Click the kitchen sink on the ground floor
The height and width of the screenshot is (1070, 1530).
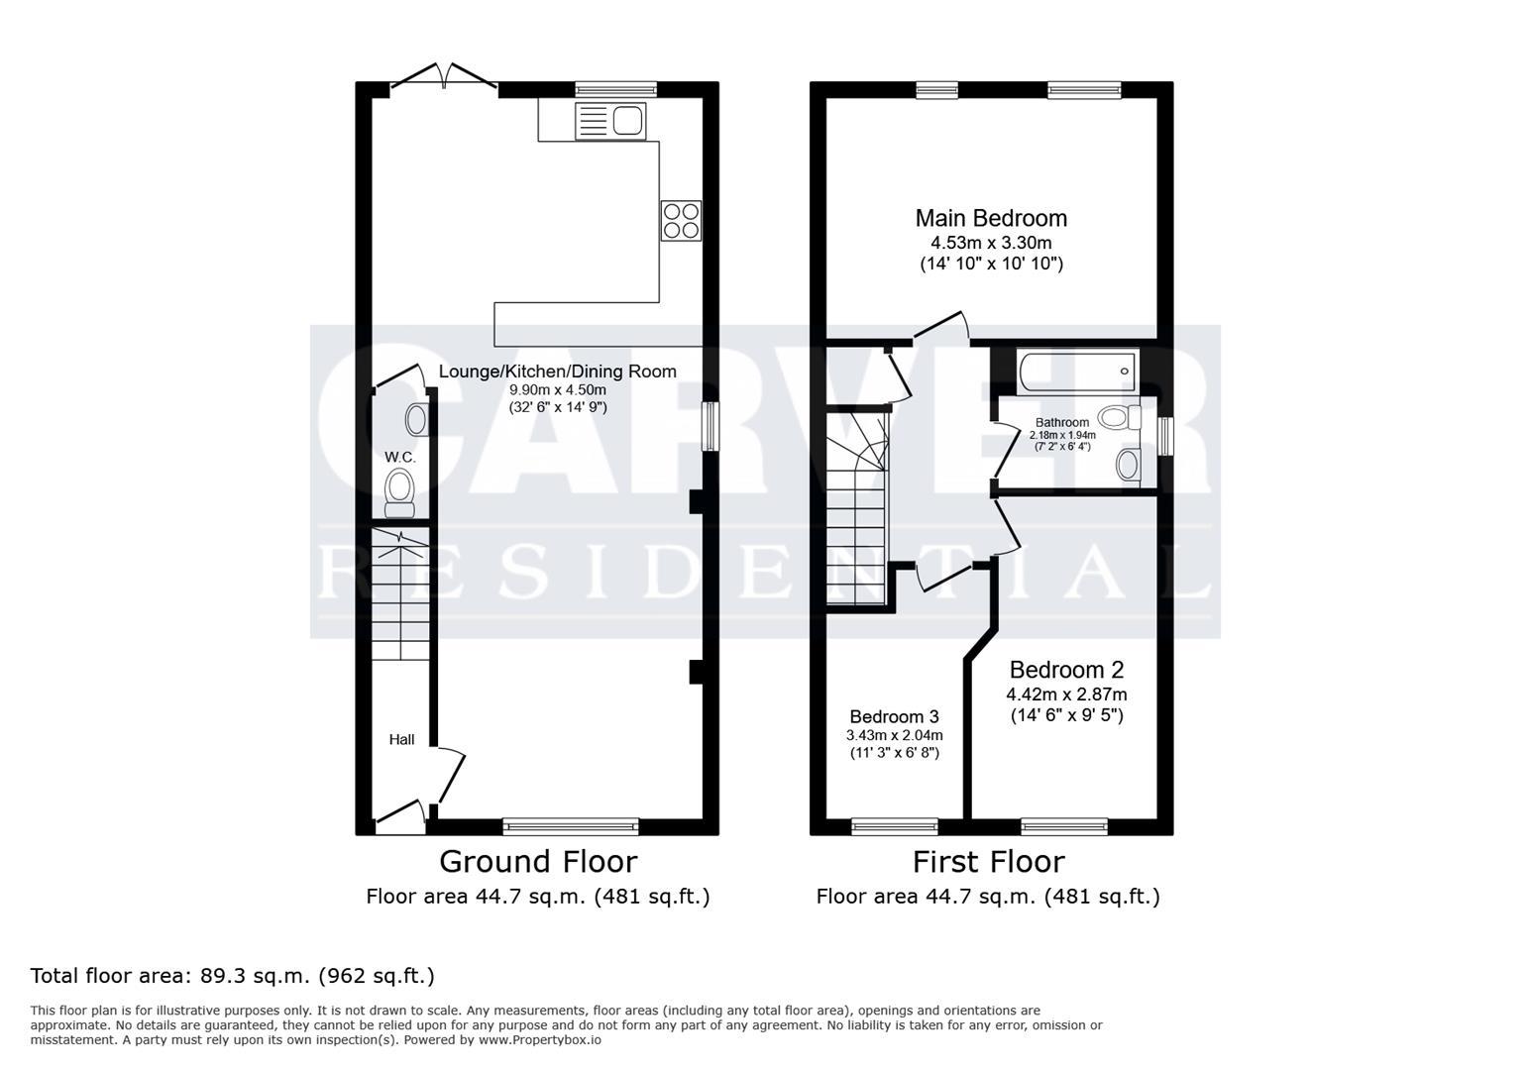(610, 121)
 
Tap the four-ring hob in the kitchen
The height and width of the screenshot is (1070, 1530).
(681, 220)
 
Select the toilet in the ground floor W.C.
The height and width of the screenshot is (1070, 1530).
(399, 491)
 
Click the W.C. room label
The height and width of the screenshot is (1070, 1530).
(400, 457)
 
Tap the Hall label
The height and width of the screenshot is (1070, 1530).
(401, 739)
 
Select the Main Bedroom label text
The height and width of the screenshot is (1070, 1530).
(991, 218)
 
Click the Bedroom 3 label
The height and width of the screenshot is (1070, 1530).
(894, 716)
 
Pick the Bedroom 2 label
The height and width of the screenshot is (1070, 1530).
(1066, 670)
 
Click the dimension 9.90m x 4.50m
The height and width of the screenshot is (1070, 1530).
(557, 390)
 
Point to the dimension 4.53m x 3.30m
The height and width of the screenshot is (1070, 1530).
(991, 243)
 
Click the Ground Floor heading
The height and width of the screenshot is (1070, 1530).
(537, 861)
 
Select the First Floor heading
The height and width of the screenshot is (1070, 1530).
(988, 861)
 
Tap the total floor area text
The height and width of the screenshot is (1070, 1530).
(233, 976)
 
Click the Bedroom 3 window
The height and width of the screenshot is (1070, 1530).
(895, 826)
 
